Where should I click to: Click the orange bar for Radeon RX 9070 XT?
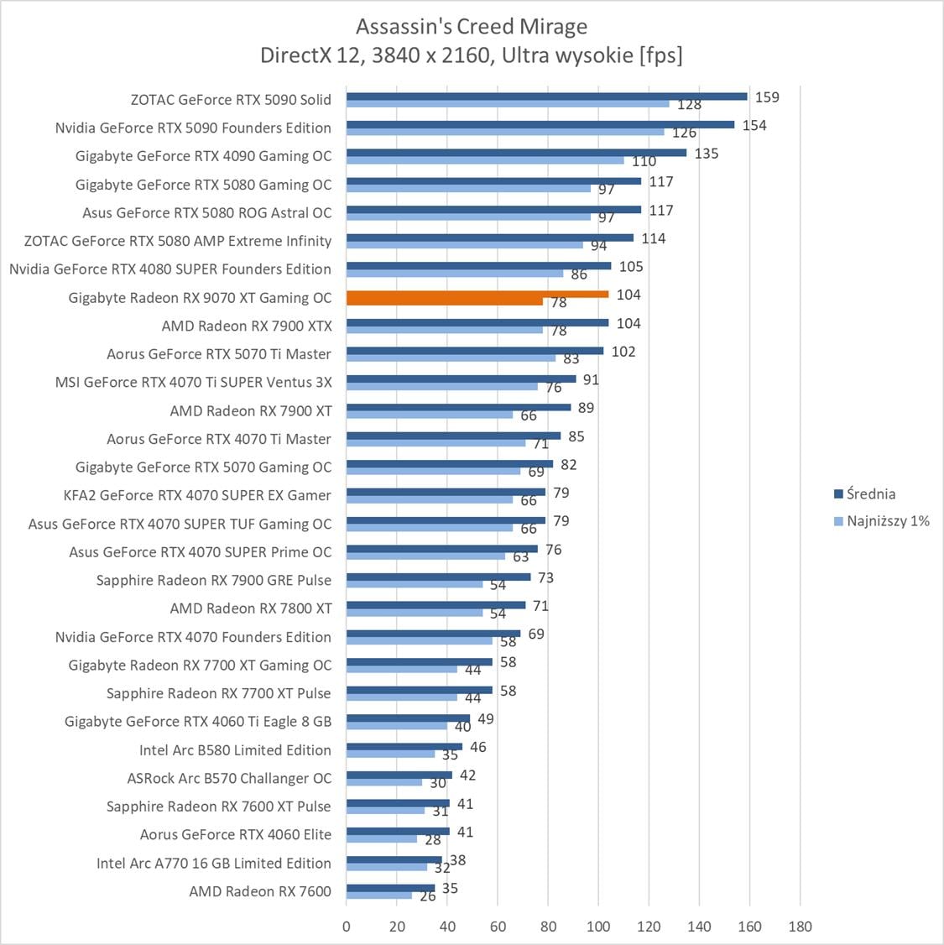[x=477, y=295]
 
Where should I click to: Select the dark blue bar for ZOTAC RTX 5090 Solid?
[x=546, y=97]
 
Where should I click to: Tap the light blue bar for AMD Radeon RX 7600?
[x=379, y=895]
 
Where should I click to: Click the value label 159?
[x=767, y=97]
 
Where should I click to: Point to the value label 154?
[x=754, y=126]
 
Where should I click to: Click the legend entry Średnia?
[x=870, y=493]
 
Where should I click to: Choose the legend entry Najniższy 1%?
[x=888, y=521]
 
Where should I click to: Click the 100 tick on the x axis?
[x=598, y=927]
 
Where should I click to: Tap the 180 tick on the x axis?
[x=801, y=927]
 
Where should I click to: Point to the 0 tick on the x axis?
[x=347, y=927]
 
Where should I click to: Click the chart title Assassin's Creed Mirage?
[x=472, y=26]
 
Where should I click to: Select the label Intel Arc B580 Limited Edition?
[x=235, y=750]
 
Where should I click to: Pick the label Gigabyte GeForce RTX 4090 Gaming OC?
[x=203, y=156]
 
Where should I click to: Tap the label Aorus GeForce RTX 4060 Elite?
[x=236, y=835]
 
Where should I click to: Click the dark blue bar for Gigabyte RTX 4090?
[x=516, y=153]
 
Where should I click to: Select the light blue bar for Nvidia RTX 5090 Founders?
[x=505, y=132]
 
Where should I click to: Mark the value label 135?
[x=707, y=154]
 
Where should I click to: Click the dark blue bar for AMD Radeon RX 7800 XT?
[x=435, y=605]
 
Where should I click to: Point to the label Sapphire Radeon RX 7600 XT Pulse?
[x=218, y=807]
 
